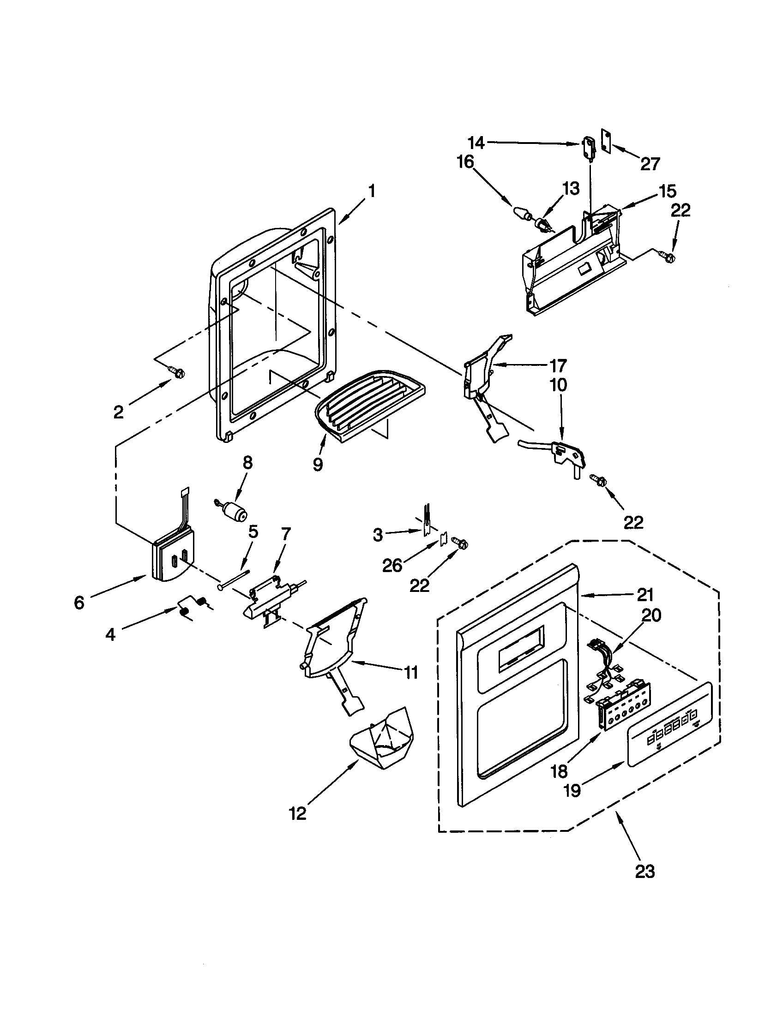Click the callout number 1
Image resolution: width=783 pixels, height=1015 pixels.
(x=372, y=191)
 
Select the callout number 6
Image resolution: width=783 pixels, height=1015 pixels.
(x=79, y=603)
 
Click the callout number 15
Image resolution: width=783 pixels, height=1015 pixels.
(x=668, y=191)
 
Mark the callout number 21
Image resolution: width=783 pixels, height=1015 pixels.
(x=645, y=594)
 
